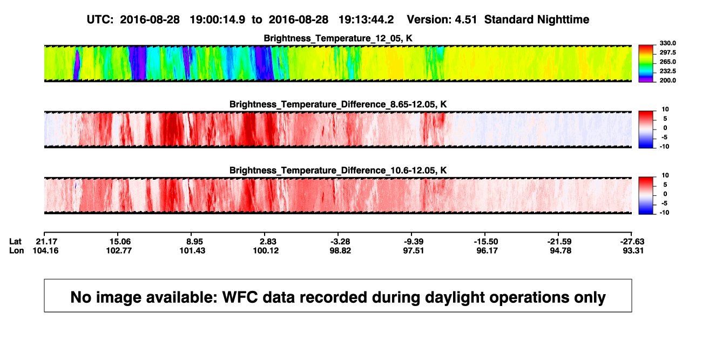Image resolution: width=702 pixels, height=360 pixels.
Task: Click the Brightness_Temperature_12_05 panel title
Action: pyautogui.click(x=337, y=38)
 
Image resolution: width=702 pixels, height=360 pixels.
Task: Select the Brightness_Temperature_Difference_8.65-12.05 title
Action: pyautogui.click(x=337, y=104)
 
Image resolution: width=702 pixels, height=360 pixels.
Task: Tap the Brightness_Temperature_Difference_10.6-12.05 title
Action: pyautogui.click(x=337, y=171)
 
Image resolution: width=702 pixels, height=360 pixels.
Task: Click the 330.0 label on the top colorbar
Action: pyautogui.click(x=667, y=43)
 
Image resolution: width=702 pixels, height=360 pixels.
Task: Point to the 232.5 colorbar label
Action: pyautogui.click(x=667, y=71)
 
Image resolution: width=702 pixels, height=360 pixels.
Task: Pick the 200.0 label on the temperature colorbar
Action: pyautogui.click(x=667, y=80)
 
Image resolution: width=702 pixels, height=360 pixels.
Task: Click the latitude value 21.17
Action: pyautogui.click(x=46, y=242)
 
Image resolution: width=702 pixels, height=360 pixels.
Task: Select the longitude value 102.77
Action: pyautogui.click(x=119, y=250)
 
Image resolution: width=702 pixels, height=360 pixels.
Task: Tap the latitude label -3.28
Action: pyautogui.click(x=340, y=242)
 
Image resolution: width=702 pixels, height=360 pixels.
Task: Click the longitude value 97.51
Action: pyautogui.click(x=413, y=250)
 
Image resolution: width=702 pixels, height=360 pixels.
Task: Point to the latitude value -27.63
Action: pyautogui.click(x=632, y=242)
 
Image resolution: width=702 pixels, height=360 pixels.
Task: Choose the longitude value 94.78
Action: pyautogui.click(x=561, y=250)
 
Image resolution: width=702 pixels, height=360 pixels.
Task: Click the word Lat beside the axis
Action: pyautogui.click(x=15, y=242)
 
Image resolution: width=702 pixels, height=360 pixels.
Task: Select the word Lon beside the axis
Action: pyautogui.click(x=16, y=250)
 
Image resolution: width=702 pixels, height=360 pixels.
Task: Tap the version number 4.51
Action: pyautogui.click(x=466, y=20)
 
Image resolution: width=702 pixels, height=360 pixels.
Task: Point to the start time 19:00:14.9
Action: pyautogui.click(x=218, y=20)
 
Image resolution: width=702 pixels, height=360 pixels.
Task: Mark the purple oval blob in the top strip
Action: pyautogui.click(x=77, y=64)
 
